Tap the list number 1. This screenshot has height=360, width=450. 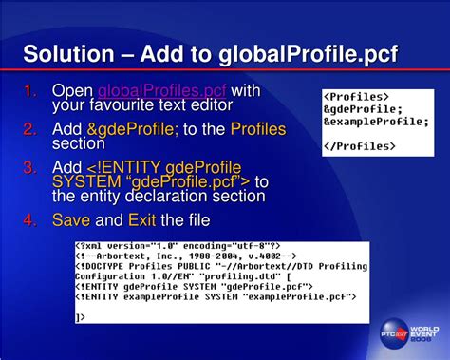coord(30,90)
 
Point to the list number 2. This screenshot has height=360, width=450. coord(30,129)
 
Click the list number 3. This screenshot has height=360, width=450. coord(30,167)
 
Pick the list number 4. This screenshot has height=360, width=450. coord(30,219)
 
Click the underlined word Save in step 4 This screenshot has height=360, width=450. coord(71,219)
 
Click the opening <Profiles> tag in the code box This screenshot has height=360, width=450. coord(358,97)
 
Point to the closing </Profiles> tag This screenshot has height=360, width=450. coord(361,146)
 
